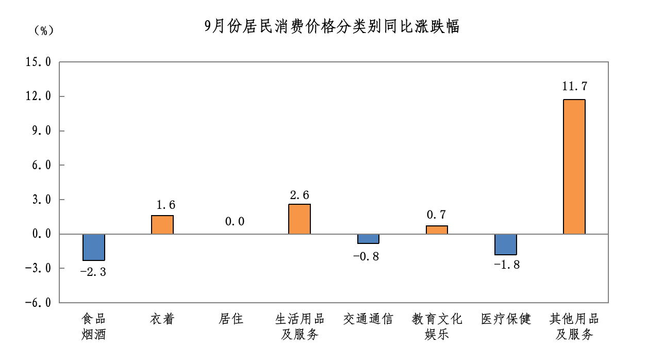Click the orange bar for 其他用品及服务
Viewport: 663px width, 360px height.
(574, 167)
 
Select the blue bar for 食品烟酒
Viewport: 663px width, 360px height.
(94, 247)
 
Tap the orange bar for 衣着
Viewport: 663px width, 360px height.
(162, 225)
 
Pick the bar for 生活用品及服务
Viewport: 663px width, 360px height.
(300, 219)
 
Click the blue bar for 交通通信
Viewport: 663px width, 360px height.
(368, 239)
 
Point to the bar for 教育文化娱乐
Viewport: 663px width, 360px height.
(437, 230)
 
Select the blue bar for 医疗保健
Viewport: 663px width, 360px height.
(505, 244)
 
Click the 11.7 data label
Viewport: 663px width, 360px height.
(574, 86)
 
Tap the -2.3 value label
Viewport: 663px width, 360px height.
(93, 272)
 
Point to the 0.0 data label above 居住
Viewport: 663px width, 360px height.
(235, 222)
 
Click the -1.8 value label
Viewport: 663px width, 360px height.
(507, 265)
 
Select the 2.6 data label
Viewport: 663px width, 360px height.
(300, 195)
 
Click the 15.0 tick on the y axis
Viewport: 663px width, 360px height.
(38, 62)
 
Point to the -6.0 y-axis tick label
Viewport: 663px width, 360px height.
(38, 303)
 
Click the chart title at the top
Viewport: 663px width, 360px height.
(331, 26)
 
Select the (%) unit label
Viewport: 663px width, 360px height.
(44, 31)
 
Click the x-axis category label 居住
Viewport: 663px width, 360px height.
(231, 319)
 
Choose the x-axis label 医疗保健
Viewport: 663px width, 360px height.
(505, 319)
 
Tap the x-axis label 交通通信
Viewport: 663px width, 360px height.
(368, 319)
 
